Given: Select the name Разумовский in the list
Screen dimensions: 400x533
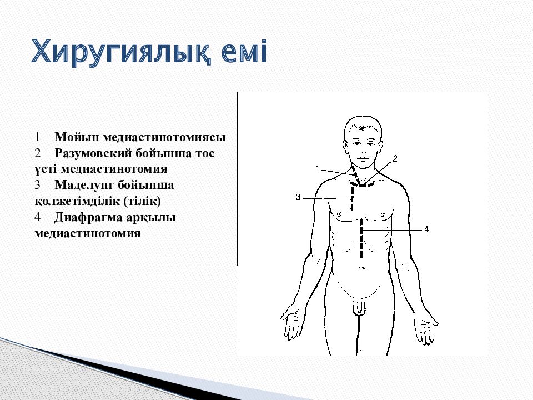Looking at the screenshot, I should [x=93, y=153].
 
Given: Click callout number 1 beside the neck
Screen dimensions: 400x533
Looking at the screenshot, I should [x=317, y=168].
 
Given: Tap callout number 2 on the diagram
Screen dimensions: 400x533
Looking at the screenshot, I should [x=395, y=159].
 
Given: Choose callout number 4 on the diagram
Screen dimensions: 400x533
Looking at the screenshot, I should [x=426, y=229].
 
